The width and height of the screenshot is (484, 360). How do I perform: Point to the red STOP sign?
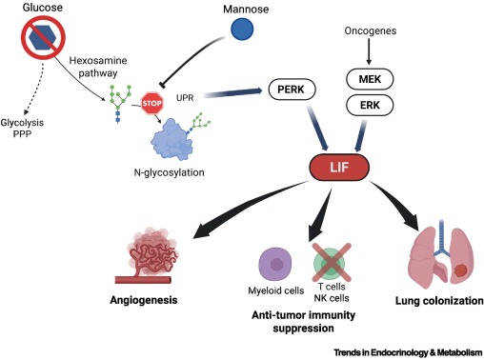(x=152, y=105)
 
